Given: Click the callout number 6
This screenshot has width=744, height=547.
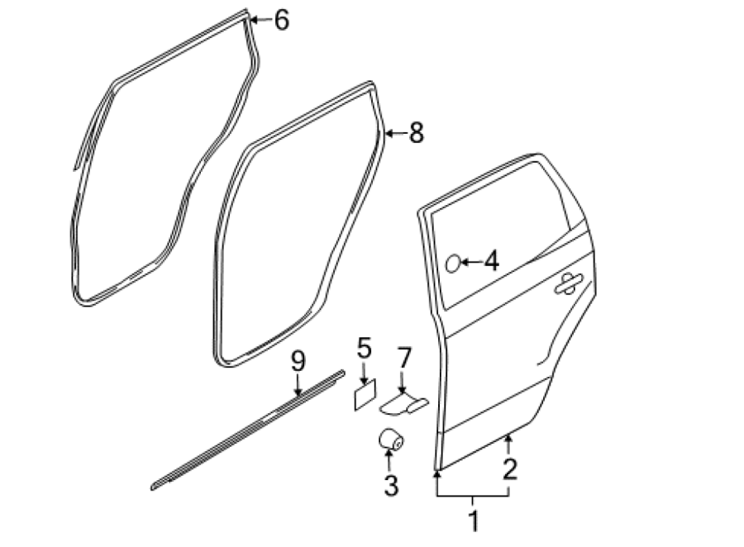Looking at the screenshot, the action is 281,21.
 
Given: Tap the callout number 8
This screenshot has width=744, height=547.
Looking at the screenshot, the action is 416,133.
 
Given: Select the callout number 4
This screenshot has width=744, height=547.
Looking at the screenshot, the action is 492,261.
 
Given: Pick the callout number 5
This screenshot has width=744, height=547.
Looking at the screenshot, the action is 364,348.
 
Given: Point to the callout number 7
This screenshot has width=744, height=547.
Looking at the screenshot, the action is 403,358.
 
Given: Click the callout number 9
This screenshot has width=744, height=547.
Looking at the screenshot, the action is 298,362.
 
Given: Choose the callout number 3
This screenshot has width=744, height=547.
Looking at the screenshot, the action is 391,485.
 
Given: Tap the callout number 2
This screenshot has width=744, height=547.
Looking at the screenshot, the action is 510,469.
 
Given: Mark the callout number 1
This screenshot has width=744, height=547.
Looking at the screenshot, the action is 474,521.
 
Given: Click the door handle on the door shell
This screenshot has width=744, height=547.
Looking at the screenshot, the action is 568,283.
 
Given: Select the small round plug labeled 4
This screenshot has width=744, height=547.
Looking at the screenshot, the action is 453,264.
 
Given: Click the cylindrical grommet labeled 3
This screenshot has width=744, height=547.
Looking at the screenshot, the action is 391,439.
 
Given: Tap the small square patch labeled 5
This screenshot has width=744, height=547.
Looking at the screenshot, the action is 365,395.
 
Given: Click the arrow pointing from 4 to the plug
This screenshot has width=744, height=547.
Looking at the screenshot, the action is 472,261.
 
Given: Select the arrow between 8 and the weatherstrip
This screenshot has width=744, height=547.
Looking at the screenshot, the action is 396,133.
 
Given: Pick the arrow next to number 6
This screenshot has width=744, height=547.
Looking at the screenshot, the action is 260,20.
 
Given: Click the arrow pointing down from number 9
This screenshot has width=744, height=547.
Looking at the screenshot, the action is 298,385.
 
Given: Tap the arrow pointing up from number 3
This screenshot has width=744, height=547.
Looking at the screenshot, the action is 390,461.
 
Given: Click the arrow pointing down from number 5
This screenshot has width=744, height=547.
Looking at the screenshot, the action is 364,373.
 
